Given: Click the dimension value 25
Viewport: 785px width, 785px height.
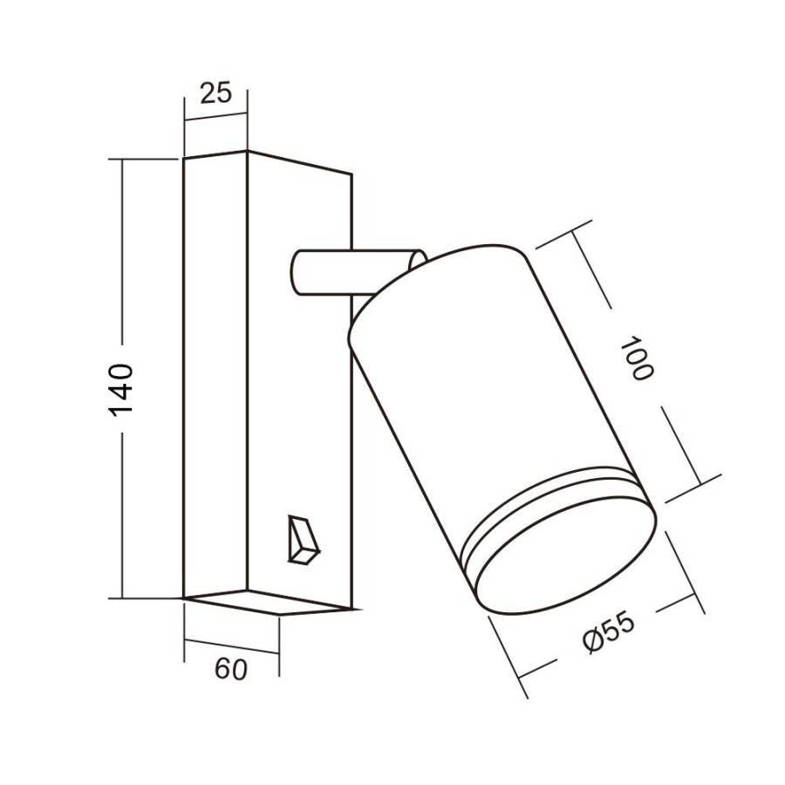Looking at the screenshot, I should point(215,92).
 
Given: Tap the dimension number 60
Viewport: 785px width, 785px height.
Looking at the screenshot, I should point(230,670).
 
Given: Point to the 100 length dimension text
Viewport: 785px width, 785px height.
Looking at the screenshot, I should point(636,357).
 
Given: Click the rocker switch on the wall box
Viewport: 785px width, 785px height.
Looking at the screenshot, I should point(302,540).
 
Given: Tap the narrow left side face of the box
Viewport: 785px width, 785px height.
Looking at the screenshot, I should point(215,375).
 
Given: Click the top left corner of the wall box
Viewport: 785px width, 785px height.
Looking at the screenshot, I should point(183,160).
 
